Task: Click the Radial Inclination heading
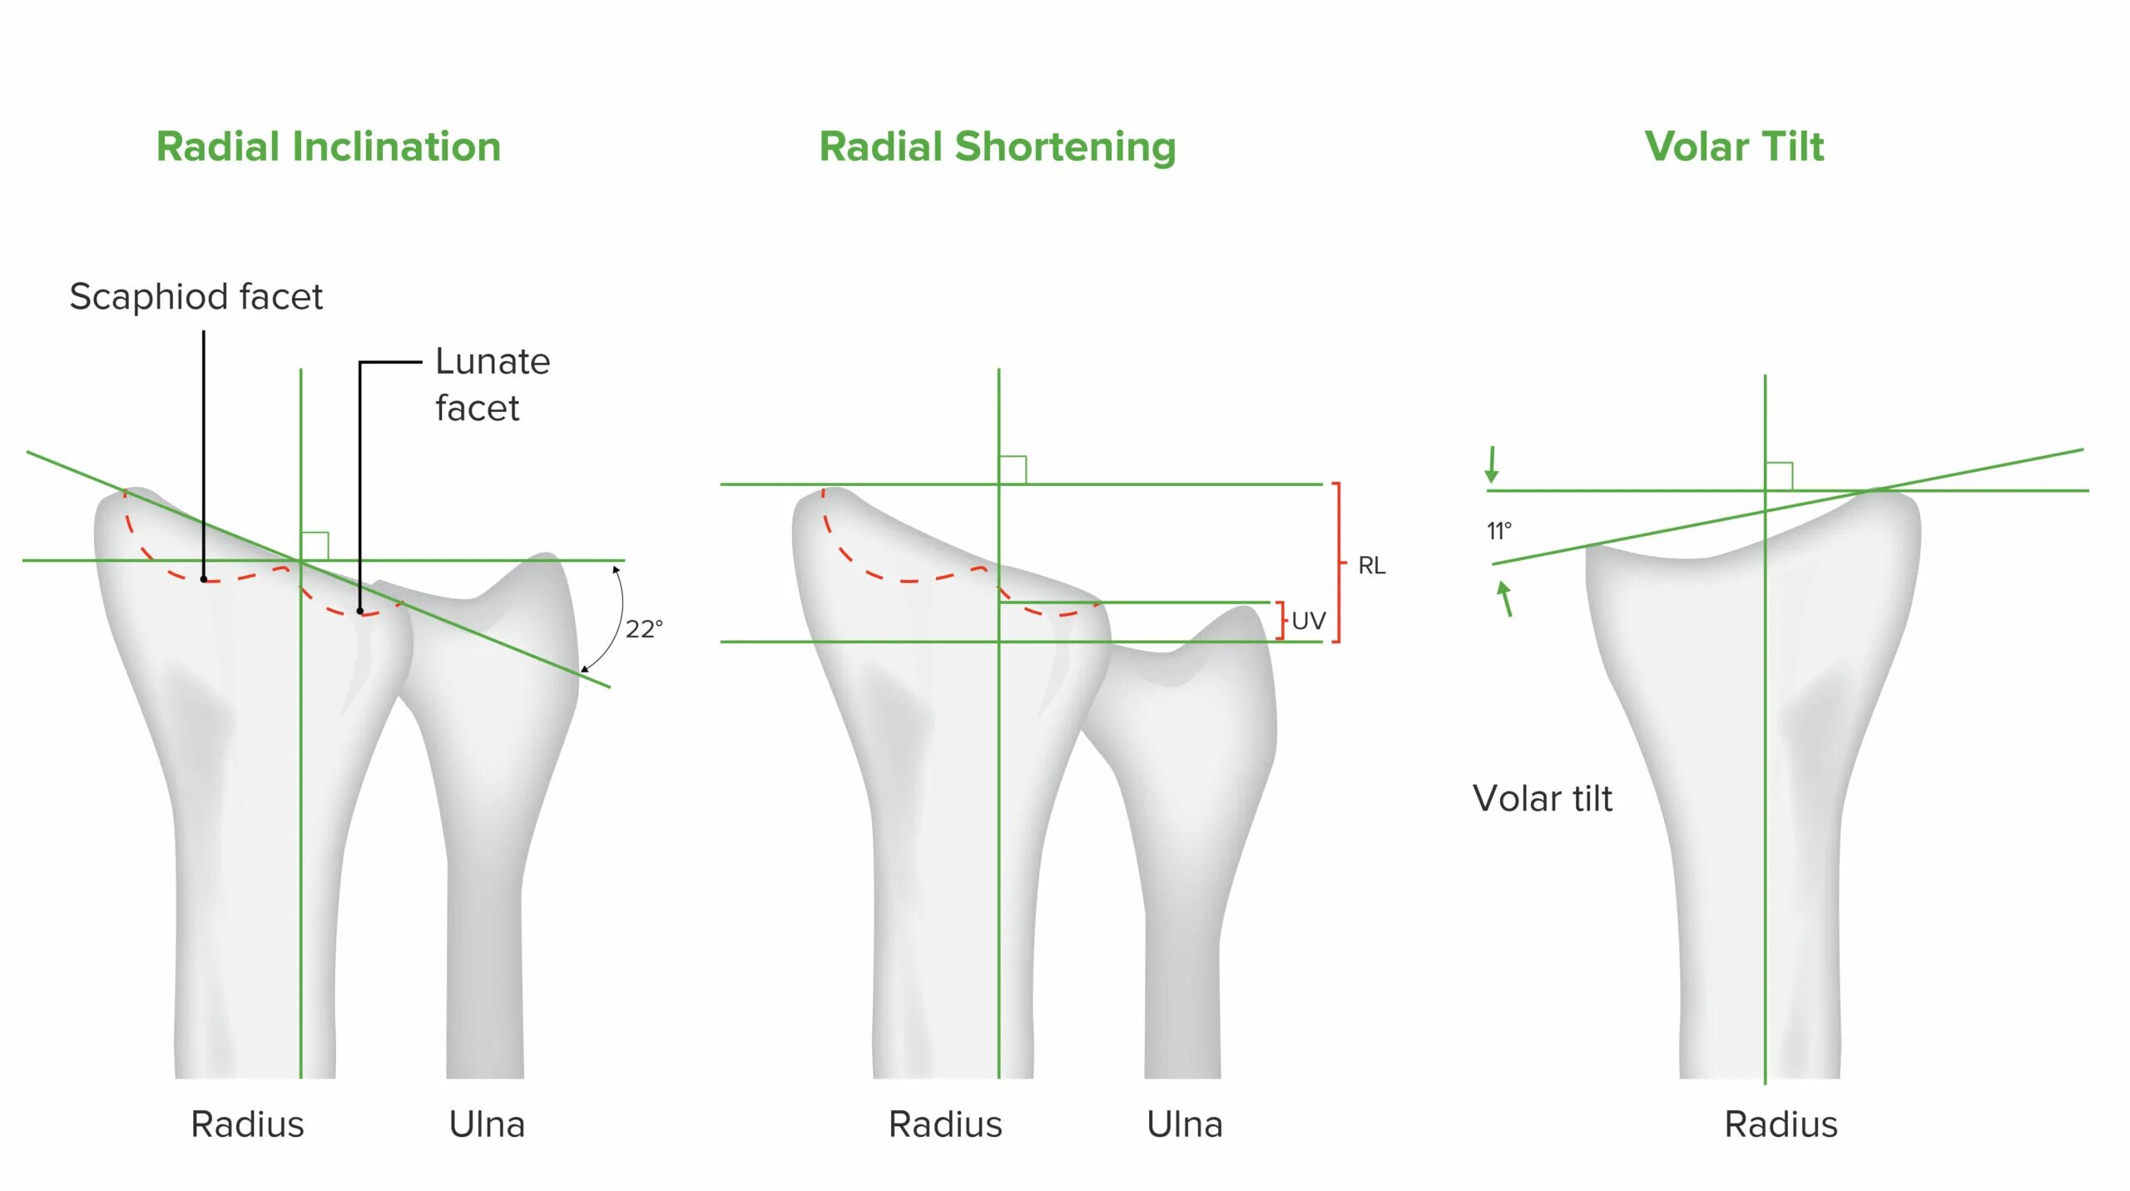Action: pyautogui.click(x=329, y=147)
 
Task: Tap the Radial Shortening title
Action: pyautogui.click(x=998, y=147)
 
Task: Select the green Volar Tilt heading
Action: pyautogui.click(x=1734, y=147)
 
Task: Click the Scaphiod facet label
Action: pyautogui.click(x=196, y=297)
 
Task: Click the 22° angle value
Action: pyautogui.click(x=644, y=628)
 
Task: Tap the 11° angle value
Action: pyautogui.click(x=1498, y=531)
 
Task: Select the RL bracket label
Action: pyautogui.click(x=1371, y=566)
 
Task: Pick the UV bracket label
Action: pyautogui.click(x=1308, y=621)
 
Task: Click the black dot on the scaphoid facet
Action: pyautogui.click(x=204, y=578)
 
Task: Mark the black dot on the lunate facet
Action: pyautogui.click(x=360, y=611)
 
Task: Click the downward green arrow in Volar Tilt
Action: pyautogui.click(x=1492, y=464)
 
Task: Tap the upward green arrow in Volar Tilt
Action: pyautogui.click(x=1505, y=598)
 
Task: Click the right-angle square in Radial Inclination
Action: pyautogui.click(x=315, y=546)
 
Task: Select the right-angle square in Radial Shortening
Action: pyautogui.click(x=1013, y=469)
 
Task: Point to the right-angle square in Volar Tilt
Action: pyautogui.click(x=1779, y=476)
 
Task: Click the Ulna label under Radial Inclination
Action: pyautogui.click(x=487, y=1124)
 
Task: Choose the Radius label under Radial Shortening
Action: pyautogui.click(x=945, y=1124)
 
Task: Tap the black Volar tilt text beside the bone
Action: pyautogui.click(x=1542, y=799)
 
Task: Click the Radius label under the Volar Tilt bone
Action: pyautogui.click(x=1781, y=1124)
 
